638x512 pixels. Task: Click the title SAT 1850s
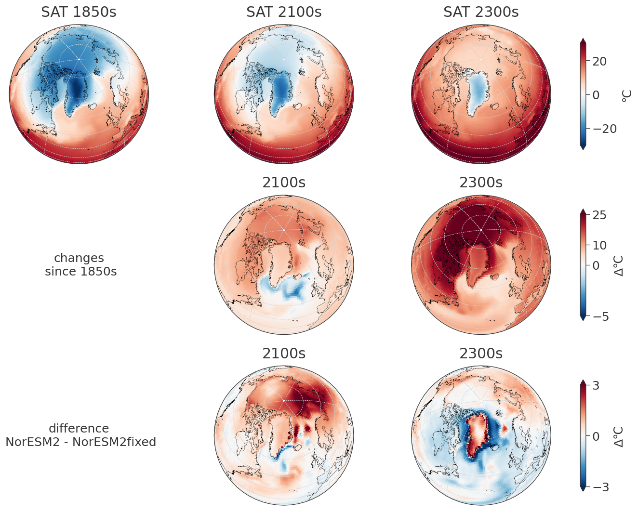79,12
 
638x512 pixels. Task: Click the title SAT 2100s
284,12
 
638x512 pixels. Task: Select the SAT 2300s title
481,12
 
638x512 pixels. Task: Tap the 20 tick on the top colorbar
599,62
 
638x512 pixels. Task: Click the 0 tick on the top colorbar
596,95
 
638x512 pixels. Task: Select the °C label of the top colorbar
626,95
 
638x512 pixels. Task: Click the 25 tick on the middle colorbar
599,215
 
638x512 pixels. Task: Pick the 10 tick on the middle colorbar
599,246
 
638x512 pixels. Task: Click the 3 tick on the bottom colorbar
596,386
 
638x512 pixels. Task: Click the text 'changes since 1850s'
80,265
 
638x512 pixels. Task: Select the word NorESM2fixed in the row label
115,442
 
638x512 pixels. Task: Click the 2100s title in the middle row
284,183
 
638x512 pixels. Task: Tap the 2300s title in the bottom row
481,354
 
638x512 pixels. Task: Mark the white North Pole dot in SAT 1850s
79,59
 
